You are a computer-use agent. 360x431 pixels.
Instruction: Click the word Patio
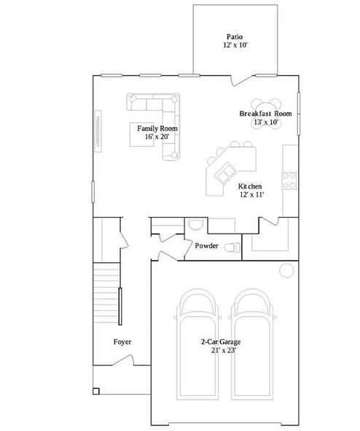234,36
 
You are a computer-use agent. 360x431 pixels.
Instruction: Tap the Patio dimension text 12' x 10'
235,45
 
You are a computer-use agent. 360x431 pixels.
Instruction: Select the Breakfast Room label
265,114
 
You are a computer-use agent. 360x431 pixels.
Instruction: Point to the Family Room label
157,128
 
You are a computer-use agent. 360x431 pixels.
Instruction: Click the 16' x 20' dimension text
157,136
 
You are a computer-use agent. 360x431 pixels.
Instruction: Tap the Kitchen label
251,186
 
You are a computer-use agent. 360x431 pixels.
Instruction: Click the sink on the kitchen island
224,173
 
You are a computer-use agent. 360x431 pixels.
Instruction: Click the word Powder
206,246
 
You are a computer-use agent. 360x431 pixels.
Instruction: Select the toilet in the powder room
232,248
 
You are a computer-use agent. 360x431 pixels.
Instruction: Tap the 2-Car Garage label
220,341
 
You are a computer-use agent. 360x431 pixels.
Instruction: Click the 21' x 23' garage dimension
220,350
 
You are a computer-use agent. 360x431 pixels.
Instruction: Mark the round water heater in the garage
286,271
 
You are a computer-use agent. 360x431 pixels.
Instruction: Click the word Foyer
122,341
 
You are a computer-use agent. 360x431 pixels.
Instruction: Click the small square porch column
96,391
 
